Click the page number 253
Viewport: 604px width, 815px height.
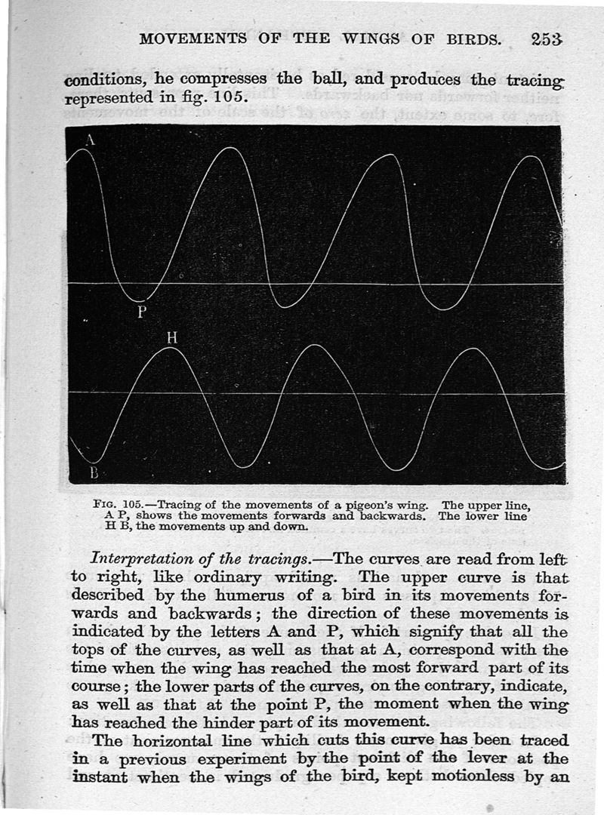pos(547,39)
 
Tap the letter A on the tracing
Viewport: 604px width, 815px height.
pos(91,140)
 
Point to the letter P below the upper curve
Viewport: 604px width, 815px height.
pos(140,312)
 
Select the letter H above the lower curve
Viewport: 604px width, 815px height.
pos(171,338)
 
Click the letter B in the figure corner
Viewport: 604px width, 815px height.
pos(94,473)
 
